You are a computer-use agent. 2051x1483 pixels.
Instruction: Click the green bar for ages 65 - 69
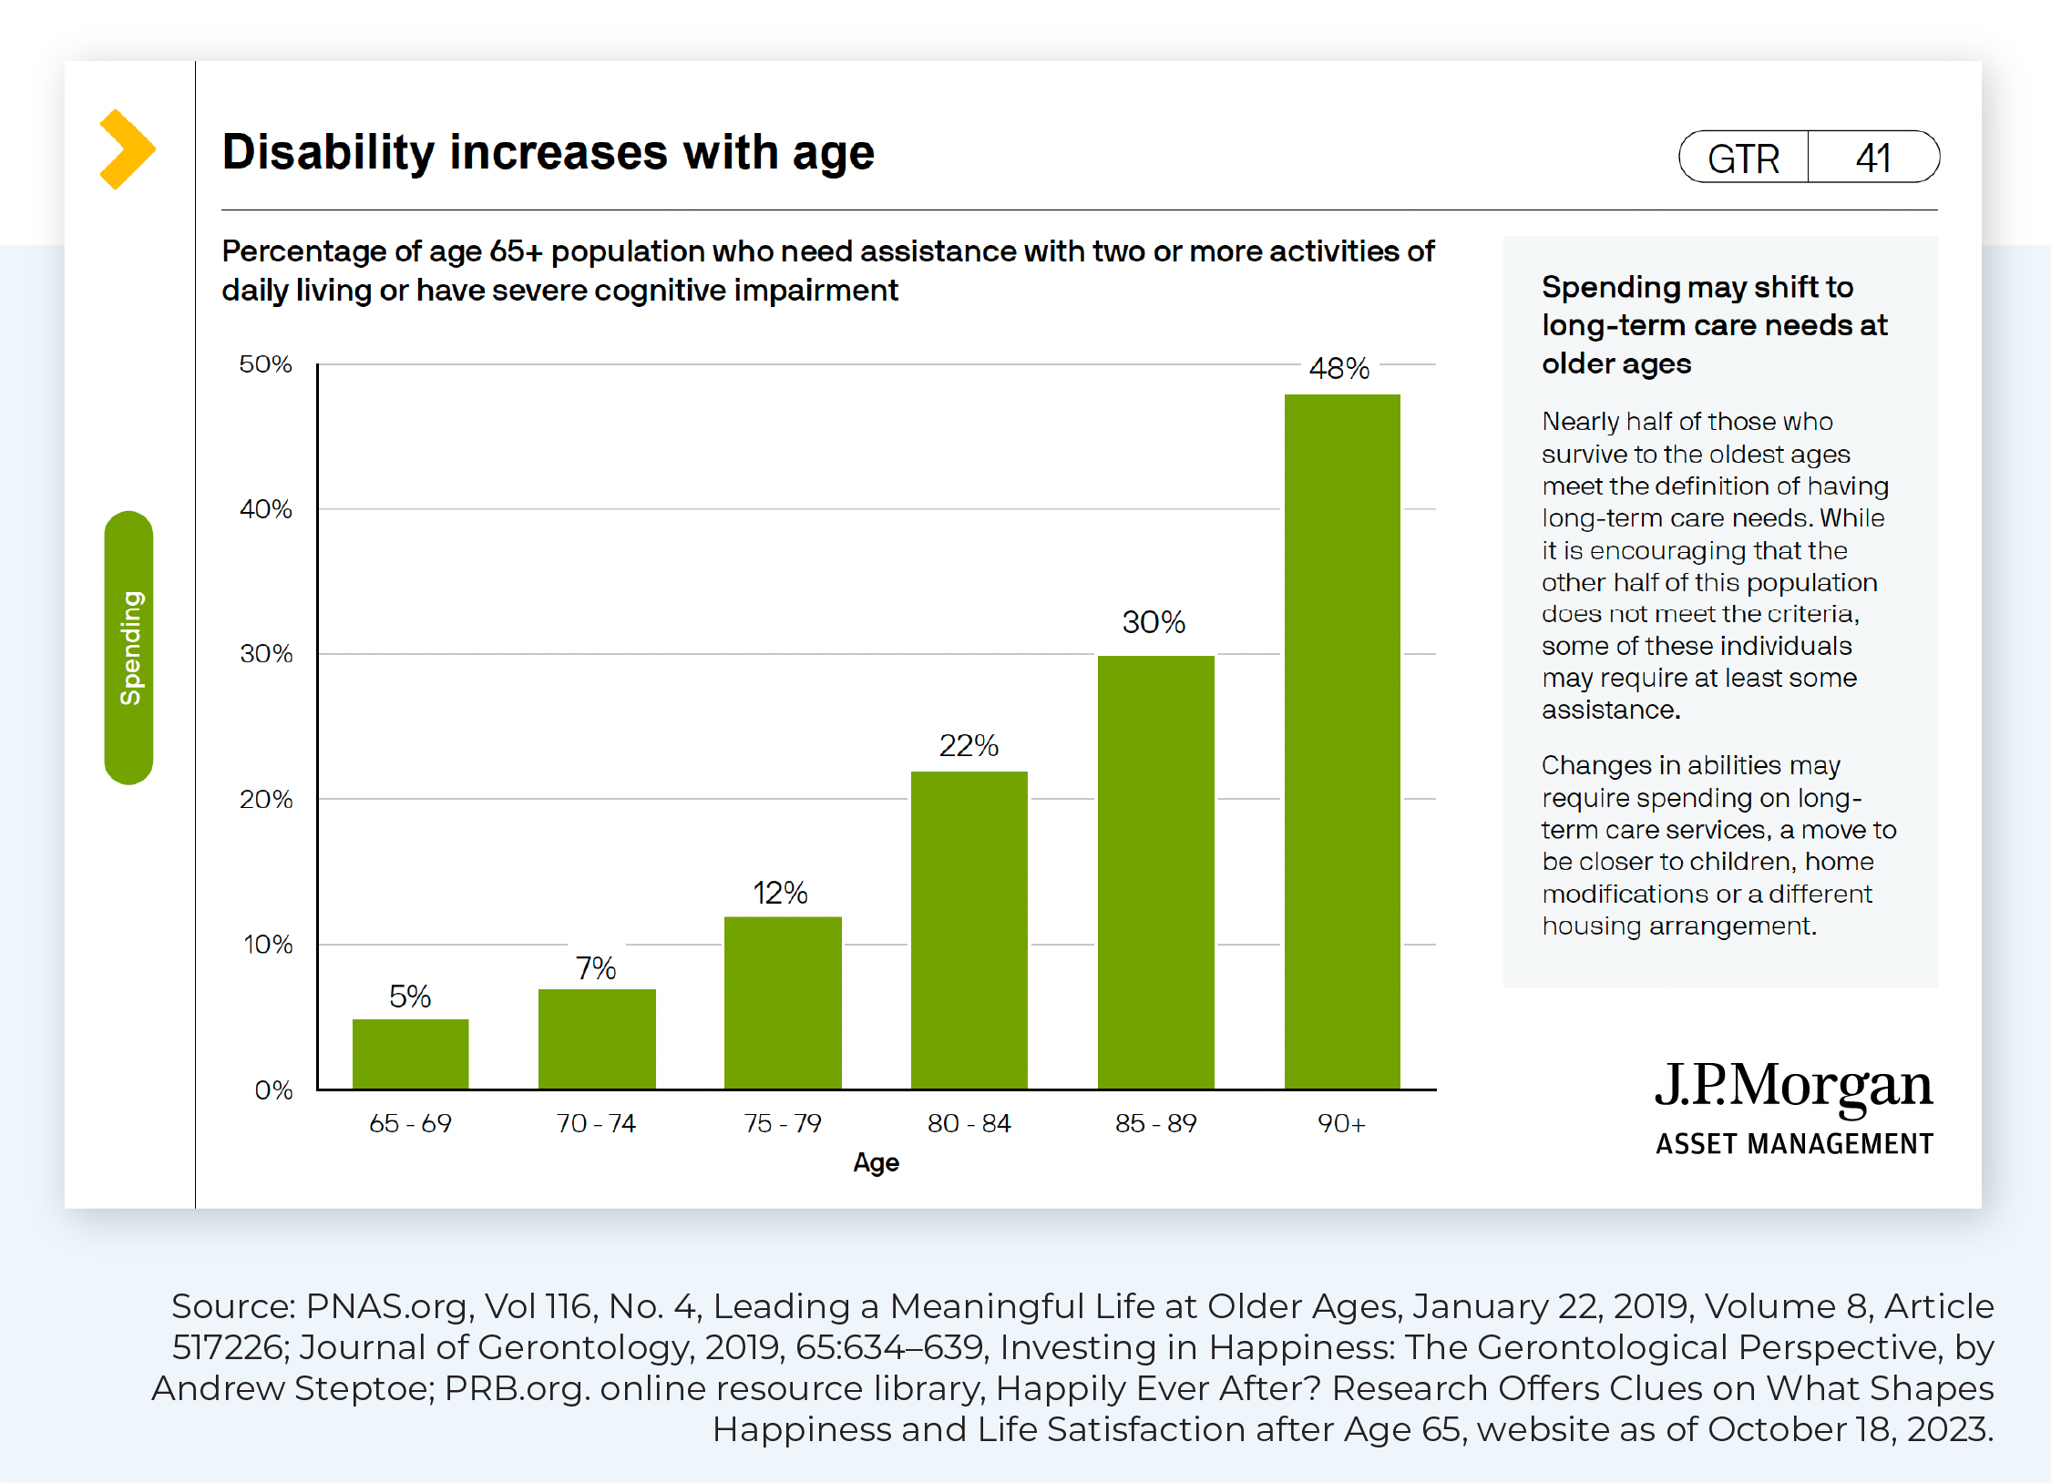tap(410, 1054)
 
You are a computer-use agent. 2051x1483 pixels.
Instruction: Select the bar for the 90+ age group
tap(1342, 741)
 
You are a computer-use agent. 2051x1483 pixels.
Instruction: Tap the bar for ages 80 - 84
tap(969, 930)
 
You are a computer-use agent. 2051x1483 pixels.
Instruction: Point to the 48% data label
tap(1338, 368)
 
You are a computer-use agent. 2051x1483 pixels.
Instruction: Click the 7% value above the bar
tap(596, 967)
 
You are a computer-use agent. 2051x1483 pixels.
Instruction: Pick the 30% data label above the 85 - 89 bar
tap(1154, 622)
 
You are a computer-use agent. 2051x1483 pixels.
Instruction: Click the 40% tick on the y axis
tap(266, 509)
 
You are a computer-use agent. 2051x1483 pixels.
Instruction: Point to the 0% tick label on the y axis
tap(273, 1089)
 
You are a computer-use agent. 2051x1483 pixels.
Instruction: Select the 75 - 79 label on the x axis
tap(783, 1123)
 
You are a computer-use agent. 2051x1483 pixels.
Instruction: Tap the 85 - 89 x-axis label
tap(1155, 1123)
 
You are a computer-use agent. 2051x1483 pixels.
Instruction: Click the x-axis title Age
tap(876, 1162)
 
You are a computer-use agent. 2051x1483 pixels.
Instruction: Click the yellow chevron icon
tap(127, 149)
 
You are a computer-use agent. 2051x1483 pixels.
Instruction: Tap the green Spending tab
tap(129, 648)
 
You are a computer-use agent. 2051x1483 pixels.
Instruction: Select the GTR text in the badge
tap(1743, 159)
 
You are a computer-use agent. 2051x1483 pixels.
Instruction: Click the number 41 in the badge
tap(1873, 159)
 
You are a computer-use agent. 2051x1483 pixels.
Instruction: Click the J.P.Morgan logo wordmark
tap(1793, 1086)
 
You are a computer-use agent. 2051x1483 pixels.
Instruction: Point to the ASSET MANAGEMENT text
tap(1794, 1144)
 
